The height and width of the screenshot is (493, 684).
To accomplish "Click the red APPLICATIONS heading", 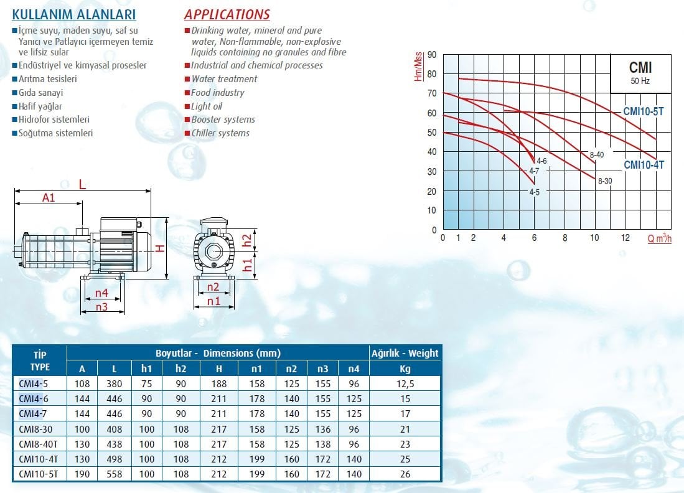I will tap(227, 14).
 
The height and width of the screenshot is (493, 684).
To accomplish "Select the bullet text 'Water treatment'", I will tap(224, 79).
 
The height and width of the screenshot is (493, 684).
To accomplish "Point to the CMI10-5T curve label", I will tap(644, 111).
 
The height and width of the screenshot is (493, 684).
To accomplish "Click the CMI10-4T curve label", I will tap(644, 165).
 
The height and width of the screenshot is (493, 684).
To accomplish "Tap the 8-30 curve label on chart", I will tap(604, 181).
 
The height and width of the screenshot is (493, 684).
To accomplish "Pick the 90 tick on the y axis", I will tap(431, 55).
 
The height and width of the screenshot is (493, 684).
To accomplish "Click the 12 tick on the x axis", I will tap(625, 238).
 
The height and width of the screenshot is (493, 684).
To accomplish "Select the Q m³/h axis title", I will tap(659, 238).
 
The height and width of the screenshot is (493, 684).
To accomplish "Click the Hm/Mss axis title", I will tap(418, 67).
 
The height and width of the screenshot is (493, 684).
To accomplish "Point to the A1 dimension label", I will tap(49, 197).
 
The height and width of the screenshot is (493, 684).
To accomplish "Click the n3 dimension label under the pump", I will tap(101, 306).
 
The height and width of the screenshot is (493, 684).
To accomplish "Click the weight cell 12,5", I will tap(405, 383).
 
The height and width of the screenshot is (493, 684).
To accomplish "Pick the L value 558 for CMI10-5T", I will tap(115, 474).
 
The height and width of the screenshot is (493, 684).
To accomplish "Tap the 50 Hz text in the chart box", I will tap(640, 81).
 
